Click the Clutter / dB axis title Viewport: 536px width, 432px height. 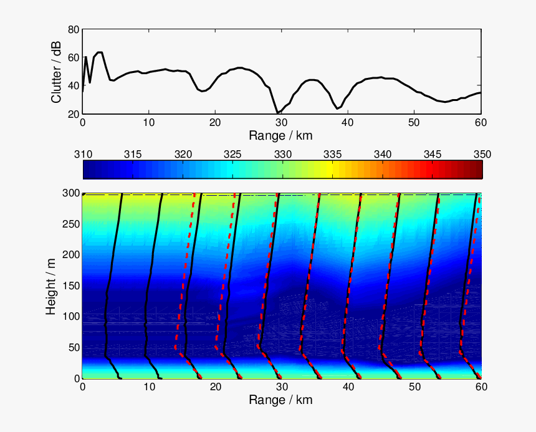click(56, 71)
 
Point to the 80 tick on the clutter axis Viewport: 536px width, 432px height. click(73, 29)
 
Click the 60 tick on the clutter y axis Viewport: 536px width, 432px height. click(73, 57)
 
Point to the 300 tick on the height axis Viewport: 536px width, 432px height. click(70, 193)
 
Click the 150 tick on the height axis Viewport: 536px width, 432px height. click(70, 286)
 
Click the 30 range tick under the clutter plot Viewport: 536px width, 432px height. click(281, 122)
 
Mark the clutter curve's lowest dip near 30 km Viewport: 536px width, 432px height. click(278, 113)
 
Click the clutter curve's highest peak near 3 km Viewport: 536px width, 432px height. click(99, 52)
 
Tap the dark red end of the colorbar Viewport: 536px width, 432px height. click(477, 170)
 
